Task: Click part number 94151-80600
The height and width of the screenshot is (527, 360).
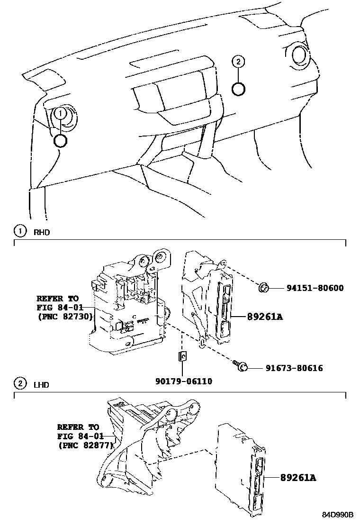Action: point(315,288)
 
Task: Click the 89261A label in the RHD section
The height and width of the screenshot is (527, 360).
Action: point(264,316)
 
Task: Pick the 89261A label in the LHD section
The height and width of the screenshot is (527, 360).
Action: point(297,478)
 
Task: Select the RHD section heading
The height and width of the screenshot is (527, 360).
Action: point(41,233)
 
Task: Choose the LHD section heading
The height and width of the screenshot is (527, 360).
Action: point(41,384)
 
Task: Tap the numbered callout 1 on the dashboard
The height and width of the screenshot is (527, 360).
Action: point(60,113)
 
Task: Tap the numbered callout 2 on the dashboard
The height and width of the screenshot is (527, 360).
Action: point(238,61)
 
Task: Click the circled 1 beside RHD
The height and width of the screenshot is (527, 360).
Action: point(20,232)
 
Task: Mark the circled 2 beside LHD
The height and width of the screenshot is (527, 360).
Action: point(20,384)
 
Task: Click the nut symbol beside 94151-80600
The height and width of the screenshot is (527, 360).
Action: point(264,287)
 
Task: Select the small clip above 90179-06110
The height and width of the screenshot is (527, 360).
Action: point(182,356)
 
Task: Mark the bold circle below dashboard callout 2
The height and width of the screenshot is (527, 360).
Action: point(238,88)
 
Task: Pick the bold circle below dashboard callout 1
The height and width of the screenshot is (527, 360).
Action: point(61,140)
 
